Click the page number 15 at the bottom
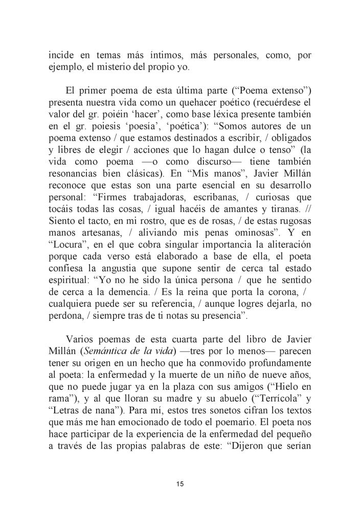pos(179,483)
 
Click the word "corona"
pos(270,305)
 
